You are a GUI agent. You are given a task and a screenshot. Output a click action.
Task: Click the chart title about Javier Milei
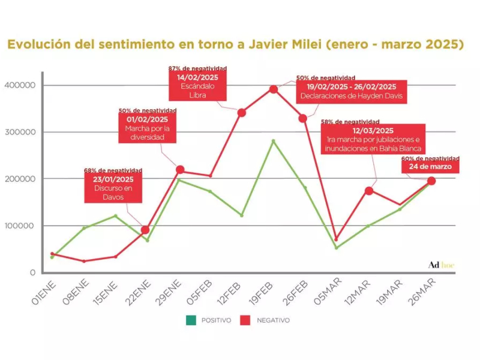coord(235,45)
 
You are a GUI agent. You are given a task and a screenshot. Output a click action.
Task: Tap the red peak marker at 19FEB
coord(274,89)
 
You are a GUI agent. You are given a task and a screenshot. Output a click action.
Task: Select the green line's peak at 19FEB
coord(274,141)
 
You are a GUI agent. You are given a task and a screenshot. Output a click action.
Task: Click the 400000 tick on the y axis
coord(22,85)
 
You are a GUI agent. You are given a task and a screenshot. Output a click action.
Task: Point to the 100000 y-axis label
coord(22,226)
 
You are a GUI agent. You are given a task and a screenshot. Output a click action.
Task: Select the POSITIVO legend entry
coord(209,320)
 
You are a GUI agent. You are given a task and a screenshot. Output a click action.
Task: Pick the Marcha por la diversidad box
coord(148,128)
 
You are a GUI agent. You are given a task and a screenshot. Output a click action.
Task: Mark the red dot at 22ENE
coord(145,230)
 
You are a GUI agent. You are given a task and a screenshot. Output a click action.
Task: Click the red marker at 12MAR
coord(369,191)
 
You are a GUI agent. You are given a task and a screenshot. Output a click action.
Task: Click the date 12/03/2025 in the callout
coord(373,131)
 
